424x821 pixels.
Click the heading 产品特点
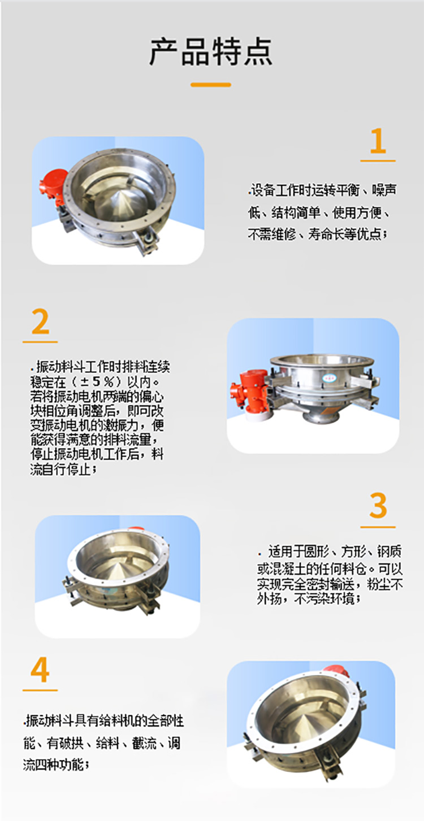211,51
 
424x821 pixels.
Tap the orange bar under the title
211,85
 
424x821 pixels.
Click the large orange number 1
378,141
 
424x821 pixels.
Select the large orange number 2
40,322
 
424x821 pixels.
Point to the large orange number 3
378,506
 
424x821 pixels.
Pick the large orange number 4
40,670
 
